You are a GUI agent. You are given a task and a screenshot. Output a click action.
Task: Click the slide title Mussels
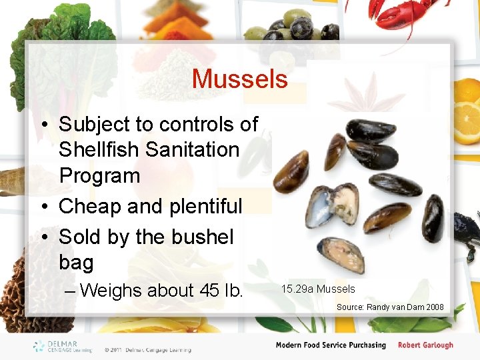pos(239,79)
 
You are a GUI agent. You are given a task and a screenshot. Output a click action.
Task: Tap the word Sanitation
pos(195,150)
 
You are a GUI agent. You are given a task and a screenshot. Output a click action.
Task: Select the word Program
pos(99,176)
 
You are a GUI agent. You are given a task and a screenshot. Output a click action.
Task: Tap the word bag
pos(76,263)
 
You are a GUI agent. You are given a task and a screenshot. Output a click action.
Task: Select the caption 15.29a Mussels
pos(318,289)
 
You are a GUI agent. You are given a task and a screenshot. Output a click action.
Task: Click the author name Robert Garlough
pos(425,345)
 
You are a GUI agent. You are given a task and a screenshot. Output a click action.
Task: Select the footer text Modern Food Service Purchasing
pos(331,345)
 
